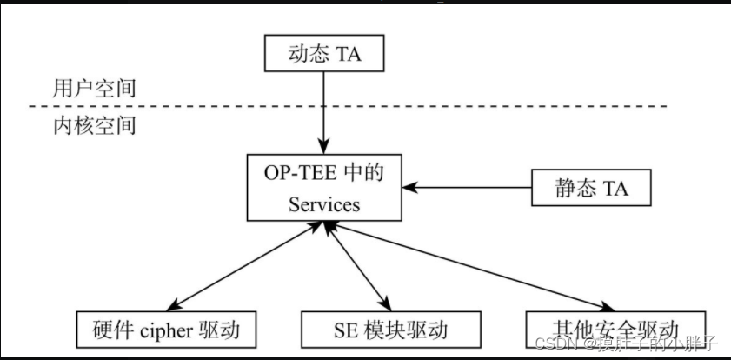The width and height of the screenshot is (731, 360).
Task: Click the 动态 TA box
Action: pyautogui.click(x=323, y=55)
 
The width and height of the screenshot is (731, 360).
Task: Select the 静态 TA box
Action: pyautogui.click(x=591, y=187)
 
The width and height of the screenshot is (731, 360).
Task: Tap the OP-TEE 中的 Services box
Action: pyautogui.click(x=323, y=188)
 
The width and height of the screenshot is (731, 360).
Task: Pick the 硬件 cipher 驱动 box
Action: pyautogui.click(x=167, y=330)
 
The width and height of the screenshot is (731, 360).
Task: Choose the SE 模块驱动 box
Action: pyautogui.click(x=391, y=330)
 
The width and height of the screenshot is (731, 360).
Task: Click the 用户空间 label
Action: pyautogui.click(x=94, y=88)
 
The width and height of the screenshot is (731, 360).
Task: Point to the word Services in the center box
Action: pyautogui.click(x=324, y=205)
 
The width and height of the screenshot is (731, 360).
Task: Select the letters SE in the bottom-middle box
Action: pyautogui.click(x=345, y=330)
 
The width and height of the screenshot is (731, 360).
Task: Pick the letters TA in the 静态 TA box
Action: pyautogui.click(x=613, y=187)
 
